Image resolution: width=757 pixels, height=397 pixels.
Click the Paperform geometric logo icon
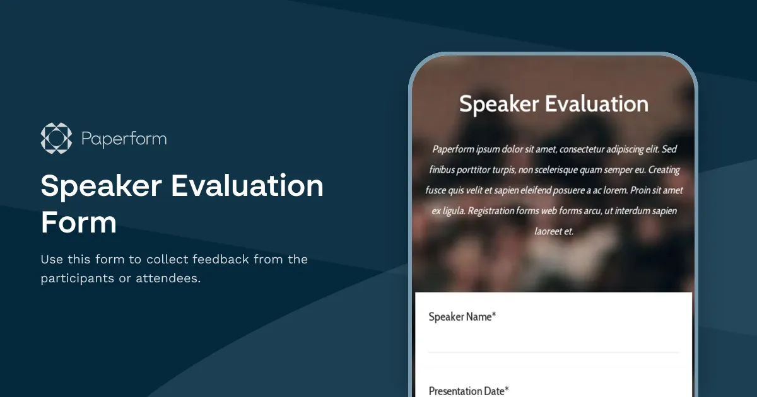tap(56, 138)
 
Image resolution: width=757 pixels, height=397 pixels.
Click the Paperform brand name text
tap(124, 139)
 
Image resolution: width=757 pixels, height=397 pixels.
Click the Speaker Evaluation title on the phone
tap(553, 104)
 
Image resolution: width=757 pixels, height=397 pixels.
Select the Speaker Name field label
tap(460, 317)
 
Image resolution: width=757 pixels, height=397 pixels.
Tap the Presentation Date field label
tap(466, 391)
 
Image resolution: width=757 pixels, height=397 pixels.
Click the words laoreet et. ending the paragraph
tap(554, 231)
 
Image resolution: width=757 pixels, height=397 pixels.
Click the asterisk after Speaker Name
tap(494, 316)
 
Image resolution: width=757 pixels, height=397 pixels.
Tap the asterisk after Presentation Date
tap(507, 389)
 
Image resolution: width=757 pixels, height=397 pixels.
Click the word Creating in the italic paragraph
tap(664, 170)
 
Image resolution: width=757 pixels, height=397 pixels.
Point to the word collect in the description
tap(167, 259)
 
